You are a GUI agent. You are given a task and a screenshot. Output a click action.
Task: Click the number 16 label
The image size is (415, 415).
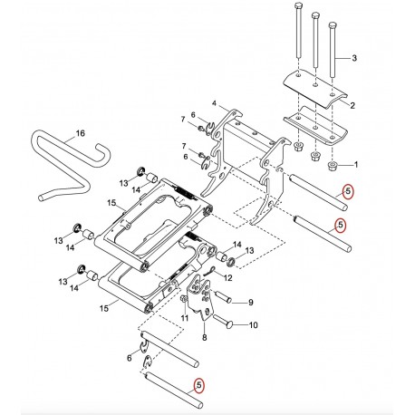(80, 133)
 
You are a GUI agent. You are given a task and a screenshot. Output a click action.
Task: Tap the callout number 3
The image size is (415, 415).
(354, 57)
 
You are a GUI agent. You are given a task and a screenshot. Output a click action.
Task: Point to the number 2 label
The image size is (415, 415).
(352, 105)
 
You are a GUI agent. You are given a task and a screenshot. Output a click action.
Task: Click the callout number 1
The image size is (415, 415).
(356, 165)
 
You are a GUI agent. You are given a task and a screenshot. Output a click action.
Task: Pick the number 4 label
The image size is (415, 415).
(214, 103)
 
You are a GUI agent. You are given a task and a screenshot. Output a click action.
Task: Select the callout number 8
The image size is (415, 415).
(205, 337)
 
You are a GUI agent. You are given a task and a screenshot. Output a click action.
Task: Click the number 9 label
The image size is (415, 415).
(251, 302)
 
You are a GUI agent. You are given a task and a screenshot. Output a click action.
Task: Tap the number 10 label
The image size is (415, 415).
(253, 325)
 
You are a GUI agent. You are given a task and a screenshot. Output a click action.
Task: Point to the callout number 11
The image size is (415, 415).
(185, 318)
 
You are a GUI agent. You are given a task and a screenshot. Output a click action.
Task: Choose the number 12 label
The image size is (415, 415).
(227, 277)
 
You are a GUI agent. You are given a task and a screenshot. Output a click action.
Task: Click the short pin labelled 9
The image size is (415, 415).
(224, 296)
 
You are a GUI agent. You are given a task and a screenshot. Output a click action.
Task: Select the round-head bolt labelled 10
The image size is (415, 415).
(225, 322)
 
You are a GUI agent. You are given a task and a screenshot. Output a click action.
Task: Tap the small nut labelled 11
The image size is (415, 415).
(183, 299)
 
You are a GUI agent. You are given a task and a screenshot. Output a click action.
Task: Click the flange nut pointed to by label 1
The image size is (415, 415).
(333, 166)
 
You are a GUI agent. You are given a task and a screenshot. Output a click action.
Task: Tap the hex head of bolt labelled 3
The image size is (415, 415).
(333, 24)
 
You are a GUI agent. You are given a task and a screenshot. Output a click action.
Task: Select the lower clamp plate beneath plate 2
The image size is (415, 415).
(316, 127)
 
